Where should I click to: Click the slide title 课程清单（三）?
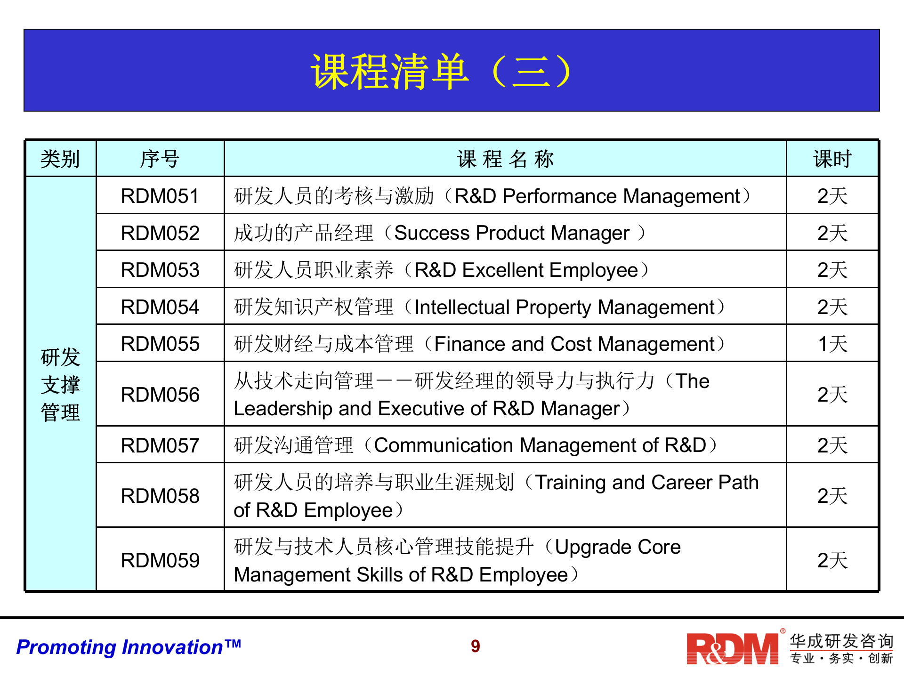tap(442, 72)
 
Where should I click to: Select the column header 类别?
tap(60, 159)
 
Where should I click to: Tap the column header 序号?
tap(160, 159)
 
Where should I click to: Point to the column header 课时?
tap(832, 159)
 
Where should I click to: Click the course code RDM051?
tap(160, 196)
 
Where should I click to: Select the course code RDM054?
tap(160, 307)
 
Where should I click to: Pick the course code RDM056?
tap(160, 395)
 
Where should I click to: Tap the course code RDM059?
tap(160, 560)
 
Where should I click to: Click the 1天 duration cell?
tap(832, 344)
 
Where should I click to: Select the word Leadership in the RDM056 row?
tap(283, 409)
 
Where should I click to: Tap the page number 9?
tap(476, 646)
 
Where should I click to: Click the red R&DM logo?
tap(733, 648)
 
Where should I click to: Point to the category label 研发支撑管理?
tap(60, 385)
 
